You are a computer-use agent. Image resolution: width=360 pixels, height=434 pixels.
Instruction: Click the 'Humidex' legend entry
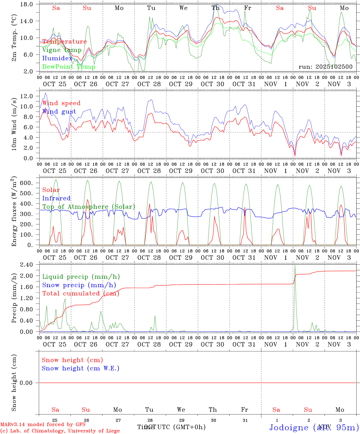coord(57,58)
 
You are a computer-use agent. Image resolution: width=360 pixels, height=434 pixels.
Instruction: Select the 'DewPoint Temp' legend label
coord(69,67)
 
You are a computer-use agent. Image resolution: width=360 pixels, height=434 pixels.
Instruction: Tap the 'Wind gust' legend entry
coord(59,112)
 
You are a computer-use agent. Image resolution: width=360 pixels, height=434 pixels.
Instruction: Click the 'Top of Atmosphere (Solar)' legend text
coord(89,207)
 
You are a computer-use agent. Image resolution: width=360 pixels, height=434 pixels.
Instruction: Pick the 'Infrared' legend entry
coord(56,198)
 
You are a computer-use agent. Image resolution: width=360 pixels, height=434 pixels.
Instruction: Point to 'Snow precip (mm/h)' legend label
coord(79,285)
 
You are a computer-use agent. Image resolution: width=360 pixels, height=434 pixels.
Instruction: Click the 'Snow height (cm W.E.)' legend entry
coord(81,368)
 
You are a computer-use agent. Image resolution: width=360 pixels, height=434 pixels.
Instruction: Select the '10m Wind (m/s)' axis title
coord(14,127)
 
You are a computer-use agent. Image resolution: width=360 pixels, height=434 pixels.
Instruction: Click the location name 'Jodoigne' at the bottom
coord(289,427)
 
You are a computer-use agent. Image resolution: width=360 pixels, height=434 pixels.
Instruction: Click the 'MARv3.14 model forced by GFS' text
coord(43,425)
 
